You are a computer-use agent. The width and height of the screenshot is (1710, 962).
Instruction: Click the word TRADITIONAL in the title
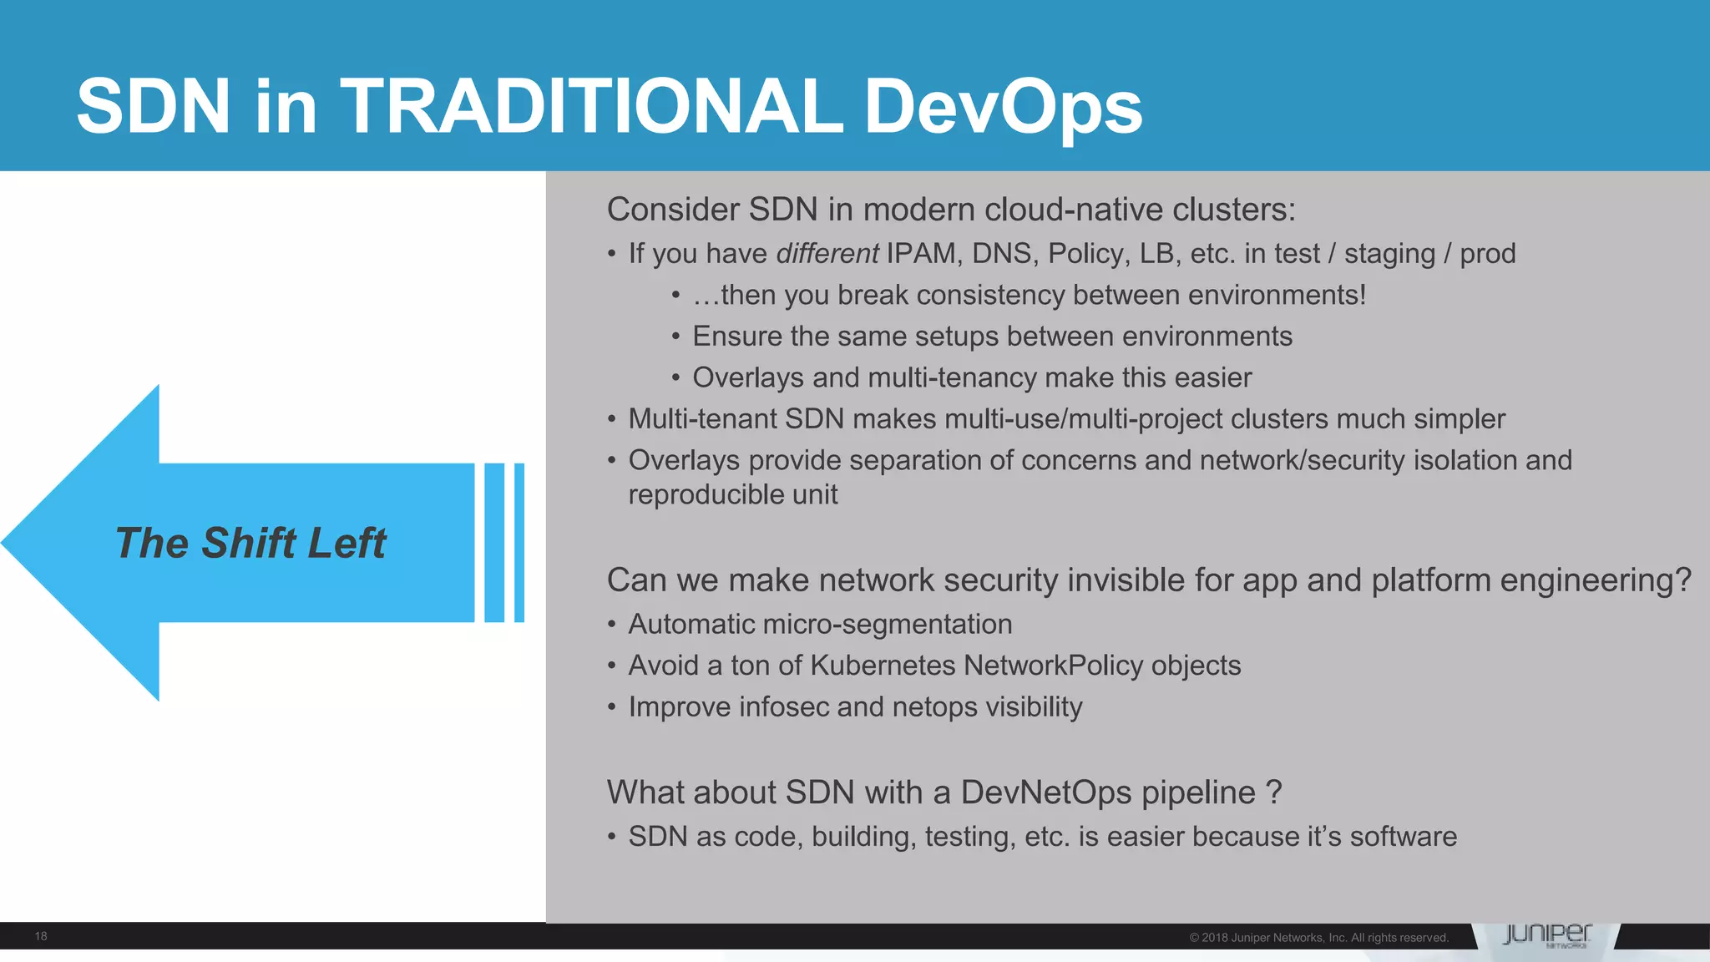[x=591, y=106]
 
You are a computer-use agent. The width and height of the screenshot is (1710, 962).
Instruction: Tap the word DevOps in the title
[x=1003, y=106]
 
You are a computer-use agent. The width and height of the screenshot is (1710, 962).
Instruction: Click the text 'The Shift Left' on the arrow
[x=250, y=543]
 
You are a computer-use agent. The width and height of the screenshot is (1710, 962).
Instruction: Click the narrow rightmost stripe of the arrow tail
[x=519, y=543]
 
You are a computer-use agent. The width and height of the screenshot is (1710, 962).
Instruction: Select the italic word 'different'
[x=827, y=253]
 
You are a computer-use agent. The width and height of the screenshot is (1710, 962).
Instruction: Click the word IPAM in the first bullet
[x=921, y=253]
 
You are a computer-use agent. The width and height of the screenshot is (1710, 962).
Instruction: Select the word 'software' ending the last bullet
[x=1403, y=836]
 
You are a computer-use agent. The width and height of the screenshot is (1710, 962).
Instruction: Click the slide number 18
[x=41, y=936]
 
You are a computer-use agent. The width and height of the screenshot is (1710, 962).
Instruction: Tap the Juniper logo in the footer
[x=1546, y=935]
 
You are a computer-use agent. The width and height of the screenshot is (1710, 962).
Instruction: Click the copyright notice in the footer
[x=1318, y=938]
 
